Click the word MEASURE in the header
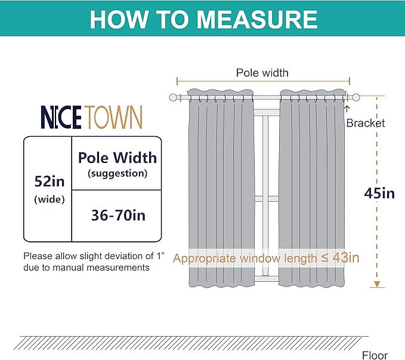tap(257, 19)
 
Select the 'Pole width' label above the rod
tap(262, 73)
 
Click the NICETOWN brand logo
tap(91, 117)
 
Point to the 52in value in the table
tap(50, 181)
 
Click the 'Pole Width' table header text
tap(118, 158)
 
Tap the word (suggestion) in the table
tap(118, 173)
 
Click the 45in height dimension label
tap(379, 193)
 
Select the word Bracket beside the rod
tap(366, 123)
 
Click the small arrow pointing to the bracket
tap(347, 109)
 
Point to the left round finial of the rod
tap(173, 97)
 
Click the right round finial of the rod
tap(356, 97)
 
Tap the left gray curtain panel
tap(221, 188)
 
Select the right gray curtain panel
tap(312, 188)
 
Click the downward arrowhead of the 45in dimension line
tap(377, 284)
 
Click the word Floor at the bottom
tap(375, 355)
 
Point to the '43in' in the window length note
tap(346, 257)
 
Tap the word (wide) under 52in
tap(50, 199)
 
